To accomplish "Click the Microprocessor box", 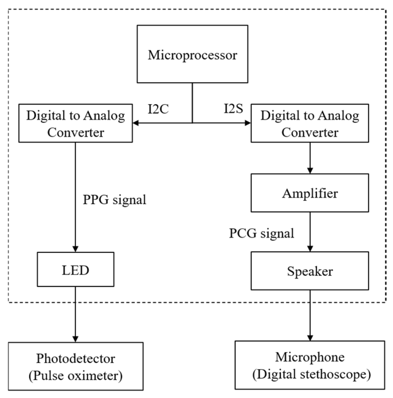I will click(192, 54).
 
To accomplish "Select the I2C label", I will click(158, 109).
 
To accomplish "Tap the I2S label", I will click(233, 109).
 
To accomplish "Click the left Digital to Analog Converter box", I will click(75, 123).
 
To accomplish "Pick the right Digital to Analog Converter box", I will click(310, 123).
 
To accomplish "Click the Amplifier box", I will click(310, 193).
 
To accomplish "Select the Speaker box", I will click(310, 271).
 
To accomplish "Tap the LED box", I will click(75, 270).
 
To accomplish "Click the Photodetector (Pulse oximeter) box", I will click(75, 367).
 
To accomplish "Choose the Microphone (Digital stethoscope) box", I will click(310, 365).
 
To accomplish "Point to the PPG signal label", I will click(114, 200).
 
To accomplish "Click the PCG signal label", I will click(262, 233).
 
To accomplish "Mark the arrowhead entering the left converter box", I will click(136, 123).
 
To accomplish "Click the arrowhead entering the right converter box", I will click(247, 123).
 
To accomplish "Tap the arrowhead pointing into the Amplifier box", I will click(310, 170).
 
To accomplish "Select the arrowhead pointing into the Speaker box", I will click(310, 249).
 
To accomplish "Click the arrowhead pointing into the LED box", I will click(75, 249).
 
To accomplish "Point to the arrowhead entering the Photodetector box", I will click(75, 339).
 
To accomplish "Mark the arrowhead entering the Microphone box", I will click(310, 338).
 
